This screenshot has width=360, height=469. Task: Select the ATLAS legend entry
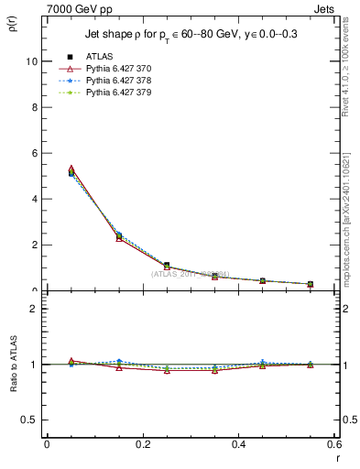click(101, 57)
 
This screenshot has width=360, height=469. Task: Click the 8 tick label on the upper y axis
click(33, 107)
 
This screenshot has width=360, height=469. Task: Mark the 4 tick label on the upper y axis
click(33, 199)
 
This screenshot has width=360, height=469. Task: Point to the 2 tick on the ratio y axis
click(33, 309)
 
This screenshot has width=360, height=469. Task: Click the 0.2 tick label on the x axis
click(142, 445)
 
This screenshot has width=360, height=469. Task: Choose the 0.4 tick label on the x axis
click(238, 445)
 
